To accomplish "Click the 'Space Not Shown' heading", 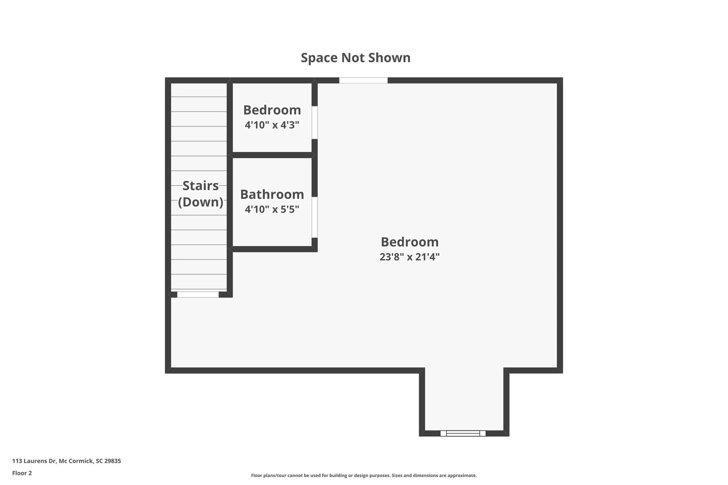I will coord(355,58).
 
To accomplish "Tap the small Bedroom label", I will coord(272,110).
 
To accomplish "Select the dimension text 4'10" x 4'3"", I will coord(272,125).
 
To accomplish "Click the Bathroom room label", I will coord(272,194).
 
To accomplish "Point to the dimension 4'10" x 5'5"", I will coord(272,210).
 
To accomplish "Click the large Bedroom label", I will coord(409,242).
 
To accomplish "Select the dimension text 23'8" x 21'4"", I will coord(409,257).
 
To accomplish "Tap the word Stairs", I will coord(200,186).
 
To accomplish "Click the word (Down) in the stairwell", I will coord(200,202).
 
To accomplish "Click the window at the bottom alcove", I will coord(463,433).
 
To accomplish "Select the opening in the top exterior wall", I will coord(363,80).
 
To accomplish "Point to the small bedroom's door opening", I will coord(314,122).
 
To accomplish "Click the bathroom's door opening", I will coord(314,217).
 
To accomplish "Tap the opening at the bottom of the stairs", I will coord(198,294).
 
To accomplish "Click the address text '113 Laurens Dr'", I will coord(35,461).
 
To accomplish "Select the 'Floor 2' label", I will coord(22,473).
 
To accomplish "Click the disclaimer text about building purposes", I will coord(364,475).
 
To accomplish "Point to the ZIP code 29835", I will coord(112,461).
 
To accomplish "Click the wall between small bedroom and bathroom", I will coord(272,155).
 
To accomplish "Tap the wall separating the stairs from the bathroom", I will coord(230,202).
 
